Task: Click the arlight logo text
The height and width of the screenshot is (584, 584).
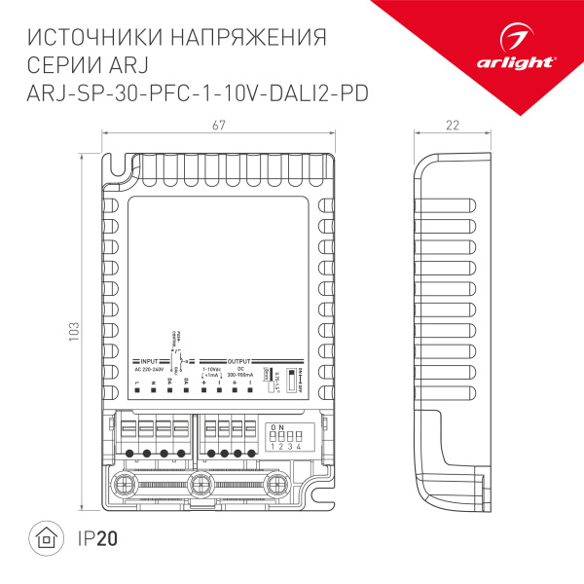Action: click(x=529, y=60)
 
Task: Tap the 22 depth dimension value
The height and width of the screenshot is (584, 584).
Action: click(x=452, y=125)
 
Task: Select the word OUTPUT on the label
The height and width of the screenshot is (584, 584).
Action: click(x=239, y=360)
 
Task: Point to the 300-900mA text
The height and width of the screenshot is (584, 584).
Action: click(x=241, y=375)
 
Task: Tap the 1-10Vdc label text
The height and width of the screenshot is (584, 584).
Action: click(x=210, y=369)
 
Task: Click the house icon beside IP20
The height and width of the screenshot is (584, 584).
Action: click(x=44, y=539)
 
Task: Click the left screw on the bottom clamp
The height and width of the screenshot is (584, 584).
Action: click(x=124, y=483)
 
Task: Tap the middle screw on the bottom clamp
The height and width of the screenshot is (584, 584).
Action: click(x=201, y=483)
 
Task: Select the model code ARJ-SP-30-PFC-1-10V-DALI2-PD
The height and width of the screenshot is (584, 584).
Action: click(x=200, y=92)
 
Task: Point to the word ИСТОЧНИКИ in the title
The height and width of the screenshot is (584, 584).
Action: click(x=91, y=37)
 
